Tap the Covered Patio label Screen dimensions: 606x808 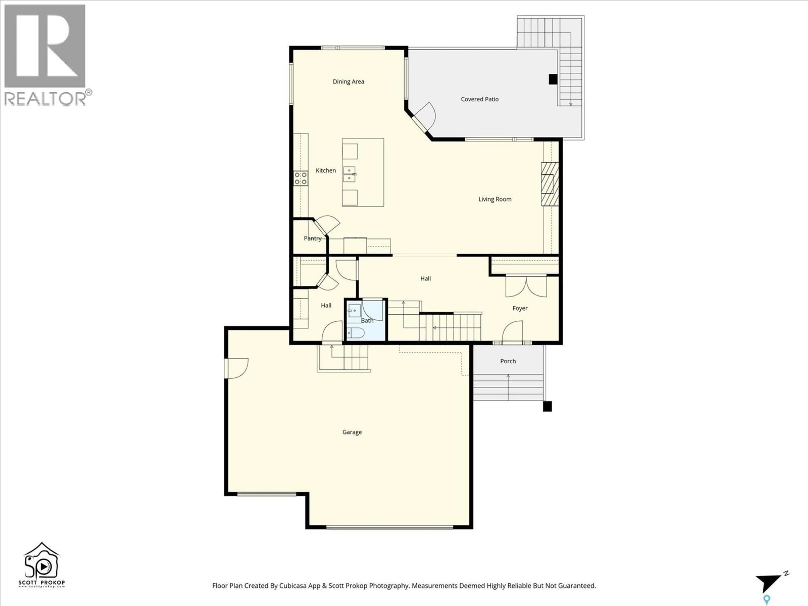point(479,99)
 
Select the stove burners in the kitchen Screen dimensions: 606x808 point(301,178)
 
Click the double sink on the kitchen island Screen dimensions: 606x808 point(350,174)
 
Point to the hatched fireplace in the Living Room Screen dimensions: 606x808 point(550,183)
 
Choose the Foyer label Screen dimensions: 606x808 point(520,308)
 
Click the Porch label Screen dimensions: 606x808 point(508,361)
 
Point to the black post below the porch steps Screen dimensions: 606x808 point(547,406)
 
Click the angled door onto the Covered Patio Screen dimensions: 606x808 point(424,116)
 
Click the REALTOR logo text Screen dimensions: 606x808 point(46,99)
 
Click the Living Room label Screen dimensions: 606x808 point(495,199)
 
